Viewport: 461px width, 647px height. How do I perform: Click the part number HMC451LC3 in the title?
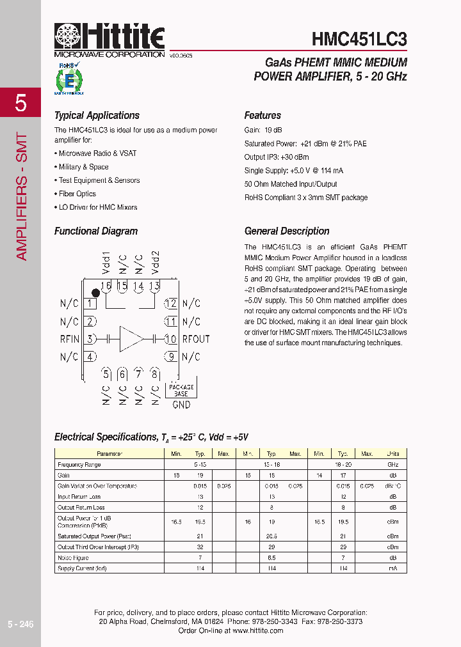tap(359, 39)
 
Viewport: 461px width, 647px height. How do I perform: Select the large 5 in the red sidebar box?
tap(20, 102)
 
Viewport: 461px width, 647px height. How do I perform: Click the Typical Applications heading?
tap(97, 116)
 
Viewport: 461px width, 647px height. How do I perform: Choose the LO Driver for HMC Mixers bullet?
tap(97, 207)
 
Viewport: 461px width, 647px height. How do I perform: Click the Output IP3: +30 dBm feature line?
tap(277, 157)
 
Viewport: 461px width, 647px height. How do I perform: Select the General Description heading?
tap(287, 231)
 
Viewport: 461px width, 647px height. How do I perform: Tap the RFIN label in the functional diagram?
tap(70, 339)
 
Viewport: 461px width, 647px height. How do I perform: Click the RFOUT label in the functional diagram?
tap(196, 339)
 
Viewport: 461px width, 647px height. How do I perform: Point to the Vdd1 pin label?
tap(106, 263)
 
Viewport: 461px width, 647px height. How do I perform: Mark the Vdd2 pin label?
tap(155, 263)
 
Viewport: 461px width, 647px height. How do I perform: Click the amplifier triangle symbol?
tap(132, 339)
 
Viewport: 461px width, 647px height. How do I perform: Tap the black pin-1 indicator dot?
tap(95, 292)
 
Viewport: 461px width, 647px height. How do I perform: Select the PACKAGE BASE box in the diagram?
tap(181, 390)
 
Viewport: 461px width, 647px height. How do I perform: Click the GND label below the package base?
tap(181, 404)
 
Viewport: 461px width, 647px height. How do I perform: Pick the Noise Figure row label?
tap(73, 557)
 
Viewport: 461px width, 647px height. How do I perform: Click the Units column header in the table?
tap(392, 454)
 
